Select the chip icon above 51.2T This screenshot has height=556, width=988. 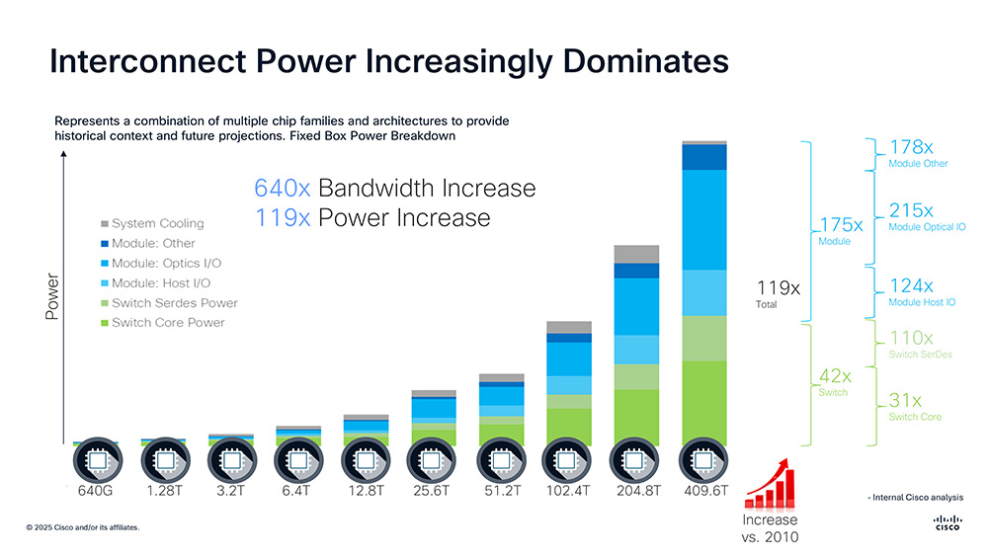click(501, 459)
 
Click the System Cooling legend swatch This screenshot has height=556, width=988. click(105, 224)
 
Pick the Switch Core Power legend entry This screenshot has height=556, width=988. click(168, 323)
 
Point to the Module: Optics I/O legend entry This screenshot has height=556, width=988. click(167, 264)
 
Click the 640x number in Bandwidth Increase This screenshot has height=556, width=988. click(283, 188)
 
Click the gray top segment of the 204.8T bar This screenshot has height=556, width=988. click(636, 253)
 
